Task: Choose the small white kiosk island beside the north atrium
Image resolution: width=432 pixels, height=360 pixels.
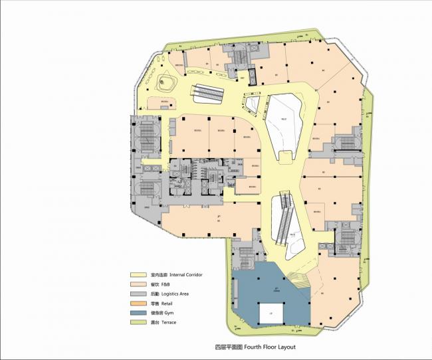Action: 253,104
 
